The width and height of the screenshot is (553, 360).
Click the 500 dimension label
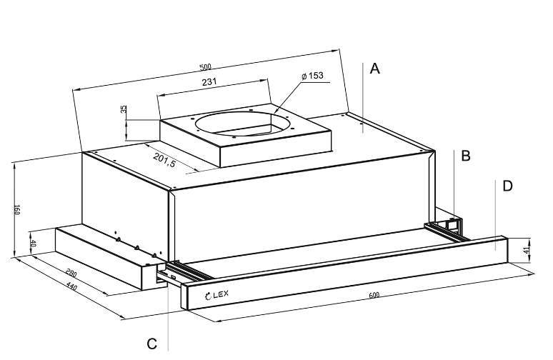[x=205, y=67]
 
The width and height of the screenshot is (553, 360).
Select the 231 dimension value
[x=209, y=82]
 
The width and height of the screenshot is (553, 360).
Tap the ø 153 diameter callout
[x=312, y=76]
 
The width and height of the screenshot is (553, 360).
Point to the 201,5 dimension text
[x=164, y=160]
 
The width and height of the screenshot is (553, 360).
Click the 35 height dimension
[x=124, y=109]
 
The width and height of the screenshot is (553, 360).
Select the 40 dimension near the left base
[x=33, y=244]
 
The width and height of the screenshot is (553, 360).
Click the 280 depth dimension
[x=71, y=273]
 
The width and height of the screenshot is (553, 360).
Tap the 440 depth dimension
[x=71, y=286]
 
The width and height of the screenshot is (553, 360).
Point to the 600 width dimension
[x=374, y=295]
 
